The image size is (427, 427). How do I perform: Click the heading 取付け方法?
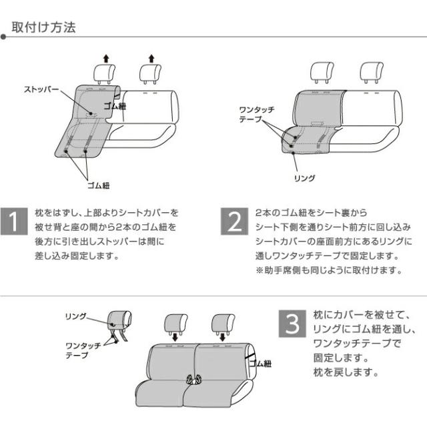[x=43, y=27]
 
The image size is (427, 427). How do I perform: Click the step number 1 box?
[x=14, y=222]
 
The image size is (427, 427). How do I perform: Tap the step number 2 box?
[x=234, y=222]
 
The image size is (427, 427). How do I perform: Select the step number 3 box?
[x=292, y=324]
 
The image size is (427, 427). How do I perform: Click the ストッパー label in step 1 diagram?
[x=41, y=89]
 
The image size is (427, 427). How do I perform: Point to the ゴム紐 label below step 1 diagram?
[x=98, y=185]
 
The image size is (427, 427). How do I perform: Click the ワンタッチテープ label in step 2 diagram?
[x=257, y=114]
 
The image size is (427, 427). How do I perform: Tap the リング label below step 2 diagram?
[x=305, y=178]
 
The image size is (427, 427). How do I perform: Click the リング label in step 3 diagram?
[x=75, y=316]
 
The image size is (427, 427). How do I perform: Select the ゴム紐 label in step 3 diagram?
[x=260, y=364]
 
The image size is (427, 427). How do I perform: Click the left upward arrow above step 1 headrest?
[x=106, y=59]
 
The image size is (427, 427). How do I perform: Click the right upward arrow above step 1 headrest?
[x=151, y=59]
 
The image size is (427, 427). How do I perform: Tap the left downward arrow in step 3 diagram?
[x=175, y=338]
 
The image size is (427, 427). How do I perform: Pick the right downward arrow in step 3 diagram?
[x=222, y=338]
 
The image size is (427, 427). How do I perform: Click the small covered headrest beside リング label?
[x=119, y=320]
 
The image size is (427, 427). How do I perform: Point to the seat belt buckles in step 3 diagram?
[x=193, y=379]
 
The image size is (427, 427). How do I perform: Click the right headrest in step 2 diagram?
[x=372, y=72]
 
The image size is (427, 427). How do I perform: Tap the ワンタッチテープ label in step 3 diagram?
[x=83, y=350]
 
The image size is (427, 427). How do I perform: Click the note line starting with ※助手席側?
[x=329, y=270]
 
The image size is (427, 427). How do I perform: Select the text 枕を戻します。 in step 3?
[x=346, y=372]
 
